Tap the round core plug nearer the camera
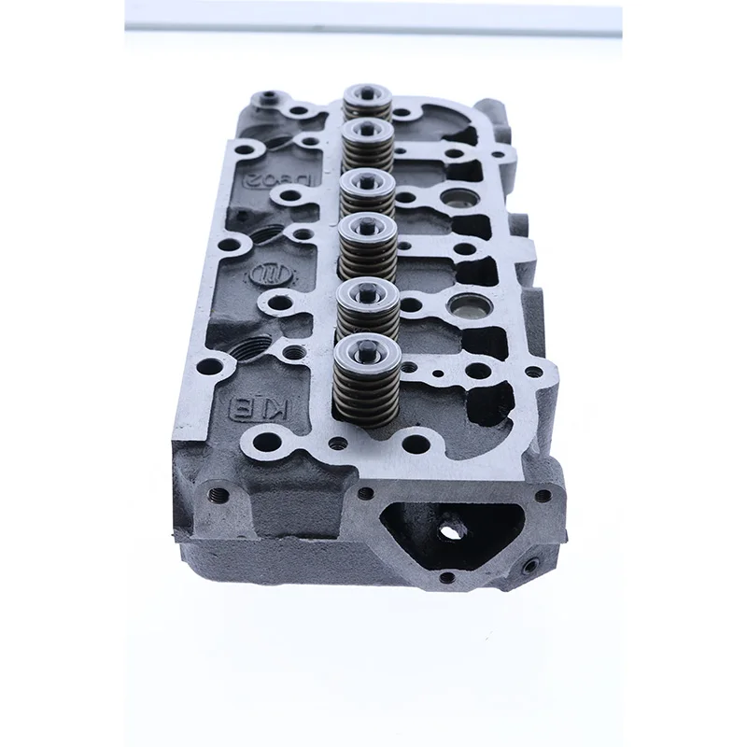pyautogui.click(x=468, y=306)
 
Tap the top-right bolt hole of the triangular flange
pyautogui.click(x=541, y=496)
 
